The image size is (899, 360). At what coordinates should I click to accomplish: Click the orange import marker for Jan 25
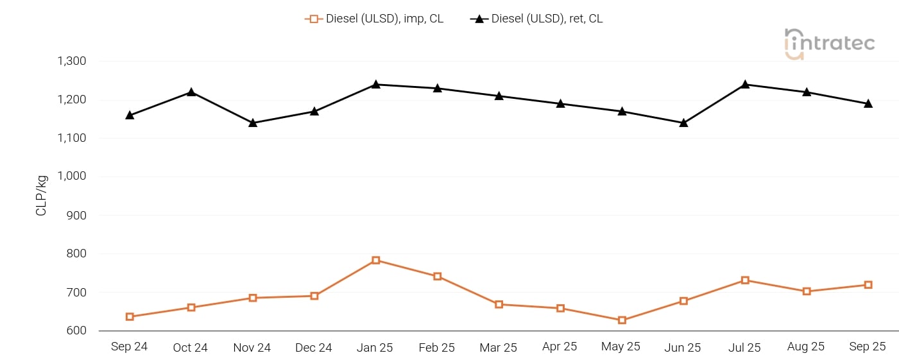coord(376,261)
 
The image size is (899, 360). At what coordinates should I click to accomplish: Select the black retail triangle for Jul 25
coord(745,84)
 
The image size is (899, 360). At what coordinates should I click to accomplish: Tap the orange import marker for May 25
coord(622,320)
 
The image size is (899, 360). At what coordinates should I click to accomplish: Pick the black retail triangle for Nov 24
coord(253,123)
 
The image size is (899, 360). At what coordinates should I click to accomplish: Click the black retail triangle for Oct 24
coord(191,92)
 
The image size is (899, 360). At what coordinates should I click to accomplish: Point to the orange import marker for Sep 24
coord(130,316)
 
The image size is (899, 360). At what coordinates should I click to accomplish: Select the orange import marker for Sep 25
coord(868,285)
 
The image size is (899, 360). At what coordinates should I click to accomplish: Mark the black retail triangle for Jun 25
coord(683,123)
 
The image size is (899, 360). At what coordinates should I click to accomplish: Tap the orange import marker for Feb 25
coord(438,277)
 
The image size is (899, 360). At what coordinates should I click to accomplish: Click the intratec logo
coord(830,44)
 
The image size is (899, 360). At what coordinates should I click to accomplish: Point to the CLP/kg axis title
coord(42,195)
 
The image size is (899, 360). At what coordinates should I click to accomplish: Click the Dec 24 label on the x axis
coord(314,348)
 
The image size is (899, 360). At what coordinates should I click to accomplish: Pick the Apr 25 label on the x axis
coord(560,347)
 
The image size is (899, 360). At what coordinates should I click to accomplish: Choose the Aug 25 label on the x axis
coord(806,347)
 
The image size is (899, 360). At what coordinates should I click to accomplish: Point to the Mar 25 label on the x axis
coord(498,348)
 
